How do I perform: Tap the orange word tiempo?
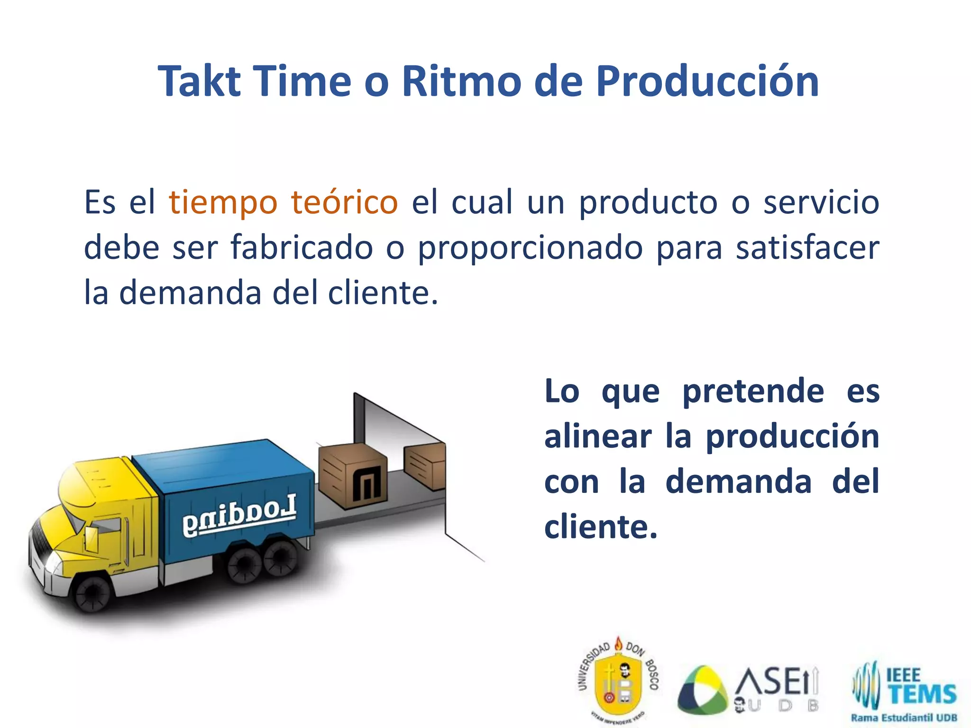coord(223,202)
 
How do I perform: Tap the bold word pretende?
coord(753,391)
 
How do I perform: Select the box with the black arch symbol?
coord(353,477)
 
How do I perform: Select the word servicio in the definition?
coord(821,202)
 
